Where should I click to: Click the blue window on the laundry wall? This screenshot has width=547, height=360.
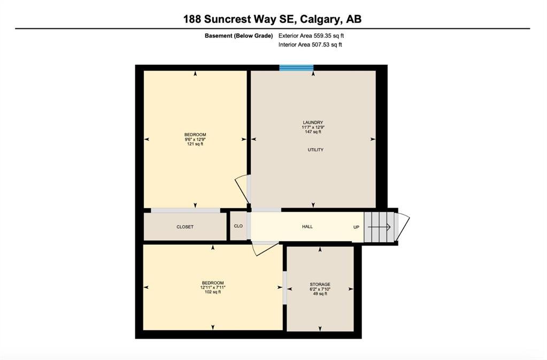pos(296,68)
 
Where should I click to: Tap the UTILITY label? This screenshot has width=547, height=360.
pos(315,150)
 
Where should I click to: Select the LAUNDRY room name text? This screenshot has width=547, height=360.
pos(313,122)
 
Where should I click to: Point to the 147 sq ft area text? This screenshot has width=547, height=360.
pos(313,132)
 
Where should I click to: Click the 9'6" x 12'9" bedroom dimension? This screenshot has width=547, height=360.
pos(195,139)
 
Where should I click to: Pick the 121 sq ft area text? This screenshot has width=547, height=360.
pos(195,144)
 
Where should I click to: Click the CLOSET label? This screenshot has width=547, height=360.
pos(185,227)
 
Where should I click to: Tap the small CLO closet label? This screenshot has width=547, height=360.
pos(238,226)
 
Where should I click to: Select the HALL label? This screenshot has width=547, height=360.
pos(307,227)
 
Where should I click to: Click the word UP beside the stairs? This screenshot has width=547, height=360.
pos(356,227)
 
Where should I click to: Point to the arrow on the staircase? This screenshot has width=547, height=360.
pos(379,227)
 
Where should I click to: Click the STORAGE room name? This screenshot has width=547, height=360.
pos(320,284)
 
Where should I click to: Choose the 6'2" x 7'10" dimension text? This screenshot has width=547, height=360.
pos(320,289)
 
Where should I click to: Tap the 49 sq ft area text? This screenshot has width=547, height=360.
pos(320,294)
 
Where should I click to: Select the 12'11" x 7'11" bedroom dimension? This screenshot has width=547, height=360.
pos(213,287)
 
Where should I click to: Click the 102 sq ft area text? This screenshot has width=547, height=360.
pos(213,292)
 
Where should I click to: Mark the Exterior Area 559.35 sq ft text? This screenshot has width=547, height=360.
pos(311,36)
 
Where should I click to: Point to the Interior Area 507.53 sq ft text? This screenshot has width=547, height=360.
pos(310,44)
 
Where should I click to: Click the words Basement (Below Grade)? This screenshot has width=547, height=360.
pos(238,36)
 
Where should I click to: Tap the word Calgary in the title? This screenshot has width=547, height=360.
pos(320,19)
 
